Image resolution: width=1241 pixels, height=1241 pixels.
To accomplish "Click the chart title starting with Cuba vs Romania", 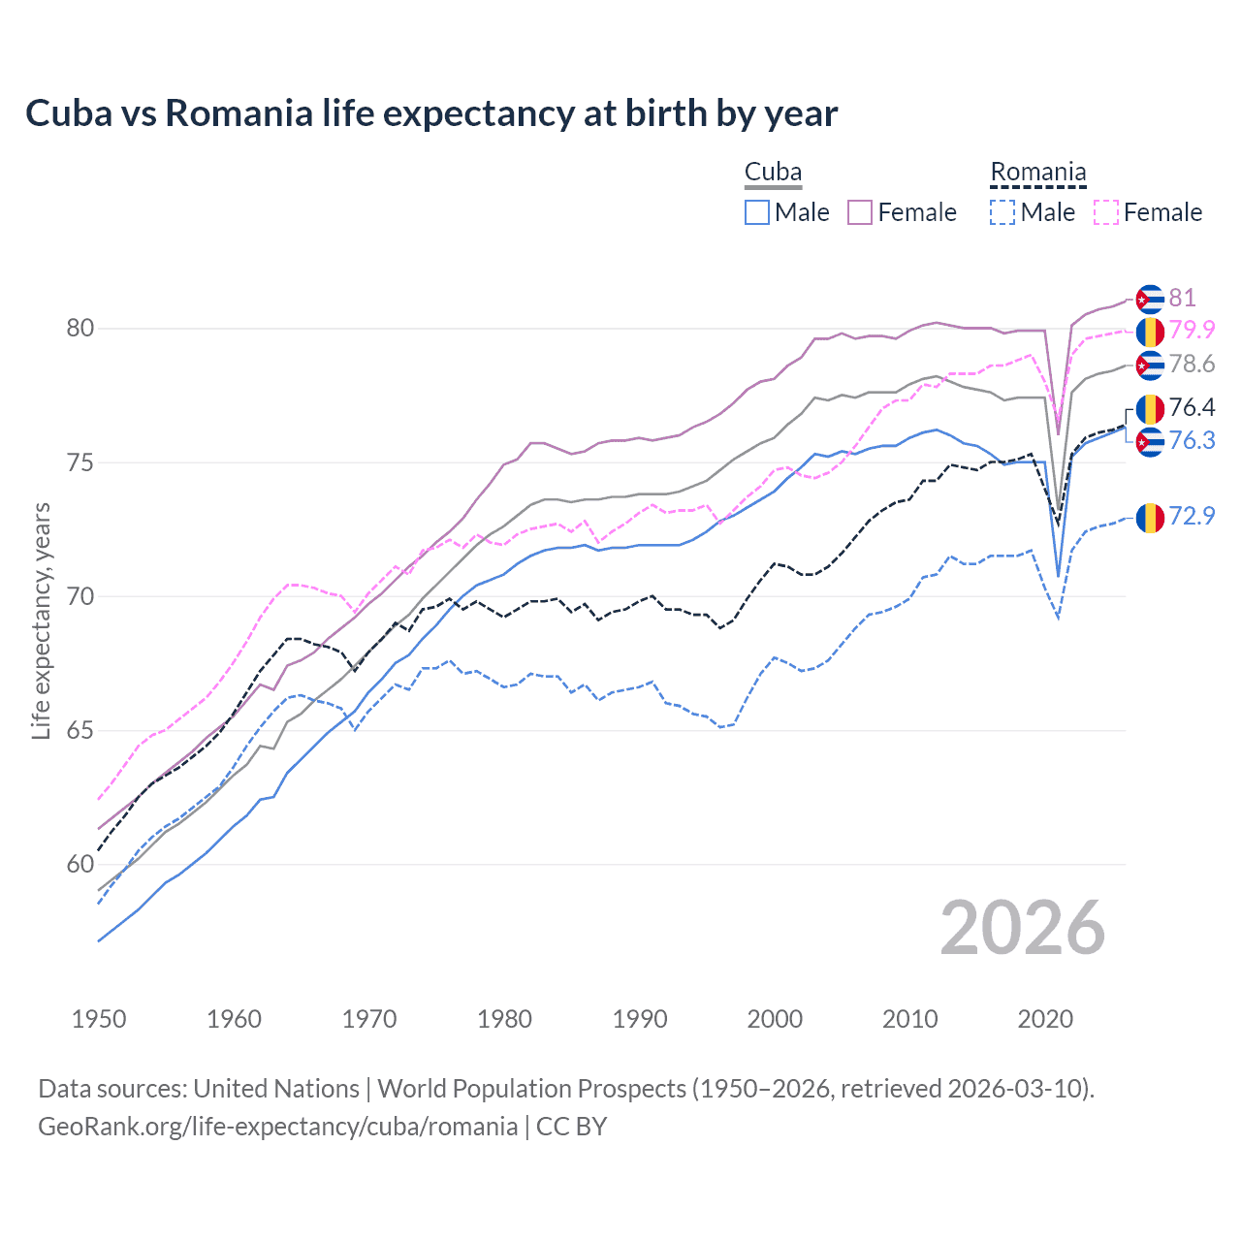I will coord(431,113).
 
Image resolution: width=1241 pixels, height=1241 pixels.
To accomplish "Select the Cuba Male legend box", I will coord(757,212).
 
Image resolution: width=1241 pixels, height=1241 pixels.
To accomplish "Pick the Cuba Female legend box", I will coord(860,212).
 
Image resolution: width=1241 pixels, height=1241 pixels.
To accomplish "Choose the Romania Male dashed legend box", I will coord(1002,212).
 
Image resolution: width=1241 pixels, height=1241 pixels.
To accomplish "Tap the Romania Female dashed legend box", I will coord(1106,212).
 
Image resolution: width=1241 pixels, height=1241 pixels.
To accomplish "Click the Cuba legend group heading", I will coord(773,173).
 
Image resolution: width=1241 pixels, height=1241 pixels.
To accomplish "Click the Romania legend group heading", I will coord(1037,173).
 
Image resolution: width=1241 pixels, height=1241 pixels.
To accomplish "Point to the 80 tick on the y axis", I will coord(80,329).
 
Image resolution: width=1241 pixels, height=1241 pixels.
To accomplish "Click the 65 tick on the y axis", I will coord(80,730).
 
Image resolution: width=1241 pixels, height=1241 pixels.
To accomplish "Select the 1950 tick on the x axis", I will coord(99,1019).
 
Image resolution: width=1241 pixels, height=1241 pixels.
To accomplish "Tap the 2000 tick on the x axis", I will coord(775,1019).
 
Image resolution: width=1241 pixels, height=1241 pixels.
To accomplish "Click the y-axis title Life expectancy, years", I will coord(41,620).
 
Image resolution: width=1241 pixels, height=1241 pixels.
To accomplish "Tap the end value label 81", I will coord(1182,298).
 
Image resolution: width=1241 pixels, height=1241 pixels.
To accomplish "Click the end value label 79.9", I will coord(1192,330).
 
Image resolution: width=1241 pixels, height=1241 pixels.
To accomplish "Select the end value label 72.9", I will coord(1192,516).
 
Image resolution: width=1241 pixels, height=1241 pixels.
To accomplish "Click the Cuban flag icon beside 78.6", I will coord(1150,366).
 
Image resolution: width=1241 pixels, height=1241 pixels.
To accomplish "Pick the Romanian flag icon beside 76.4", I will coord(1150,409).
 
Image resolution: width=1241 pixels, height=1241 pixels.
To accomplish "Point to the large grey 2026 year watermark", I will coord(1023,928).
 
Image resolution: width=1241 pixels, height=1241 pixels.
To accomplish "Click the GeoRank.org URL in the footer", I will coord(277,1127).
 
